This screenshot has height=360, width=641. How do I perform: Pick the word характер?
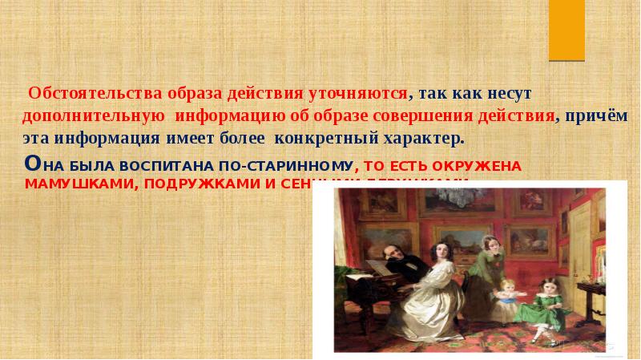tap(424, 137)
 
